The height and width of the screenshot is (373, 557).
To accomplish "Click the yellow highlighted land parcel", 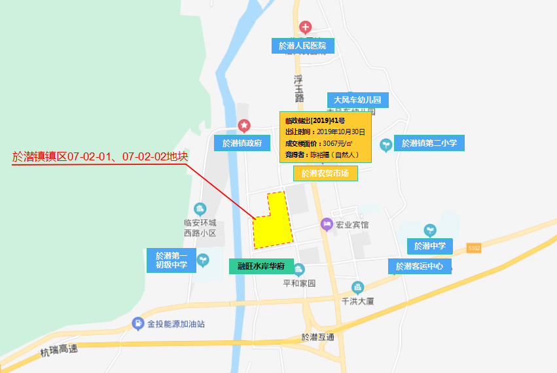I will click(271, 226).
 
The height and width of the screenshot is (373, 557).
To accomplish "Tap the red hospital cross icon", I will click(305, 27).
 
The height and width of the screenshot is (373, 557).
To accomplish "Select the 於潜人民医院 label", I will click(302, 46).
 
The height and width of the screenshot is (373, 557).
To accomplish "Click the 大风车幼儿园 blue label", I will click(357, 100).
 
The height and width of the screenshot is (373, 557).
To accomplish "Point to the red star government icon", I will click(244, 125).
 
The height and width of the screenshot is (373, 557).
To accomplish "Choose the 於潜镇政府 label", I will click(242, 143).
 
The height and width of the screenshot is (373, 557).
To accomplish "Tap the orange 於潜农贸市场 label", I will click(325, 173).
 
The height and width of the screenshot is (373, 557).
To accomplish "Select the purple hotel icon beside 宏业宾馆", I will click(326, 224).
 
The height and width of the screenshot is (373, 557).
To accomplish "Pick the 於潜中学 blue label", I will click(430, 246).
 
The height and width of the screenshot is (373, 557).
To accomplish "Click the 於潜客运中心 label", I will click(420, 266).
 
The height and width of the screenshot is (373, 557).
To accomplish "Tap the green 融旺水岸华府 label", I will click(260, 266).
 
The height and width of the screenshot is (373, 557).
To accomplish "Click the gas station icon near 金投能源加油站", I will click(137, 323).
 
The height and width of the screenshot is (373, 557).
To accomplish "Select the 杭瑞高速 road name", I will click(58, 351).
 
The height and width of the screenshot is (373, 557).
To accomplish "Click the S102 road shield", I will click(474, 247).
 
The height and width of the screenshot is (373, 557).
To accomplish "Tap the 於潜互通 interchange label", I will click(317, 337).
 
